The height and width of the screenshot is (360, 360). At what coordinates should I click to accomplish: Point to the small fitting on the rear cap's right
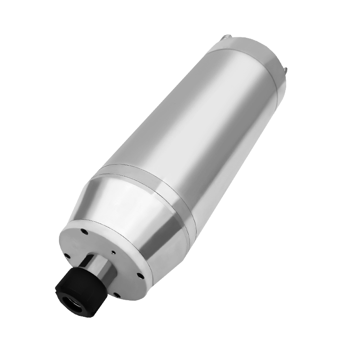coord(284,69)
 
